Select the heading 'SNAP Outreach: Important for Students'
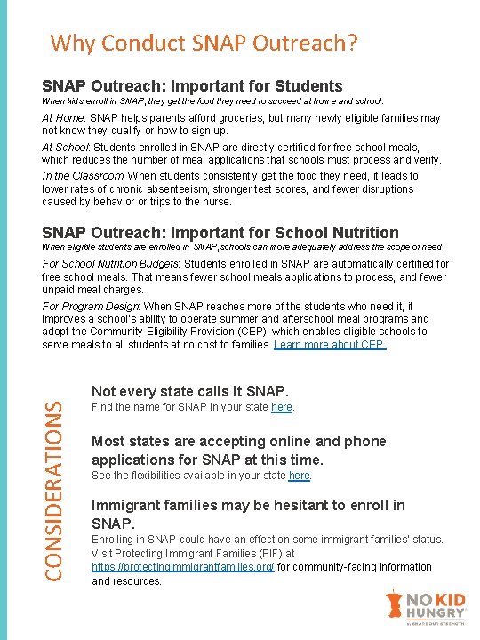point(192,86)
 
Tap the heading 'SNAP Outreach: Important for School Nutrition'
point(220,233)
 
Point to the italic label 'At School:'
point(65,147)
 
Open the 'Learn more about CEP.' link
point(331,344)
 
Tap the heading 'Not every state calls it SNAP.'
point(190,391)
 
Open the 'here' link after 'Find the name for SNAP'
point(282,407)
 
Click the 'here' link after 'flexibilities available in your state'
point(300,475)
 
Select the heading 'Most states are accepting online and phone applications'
point(238,450)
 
